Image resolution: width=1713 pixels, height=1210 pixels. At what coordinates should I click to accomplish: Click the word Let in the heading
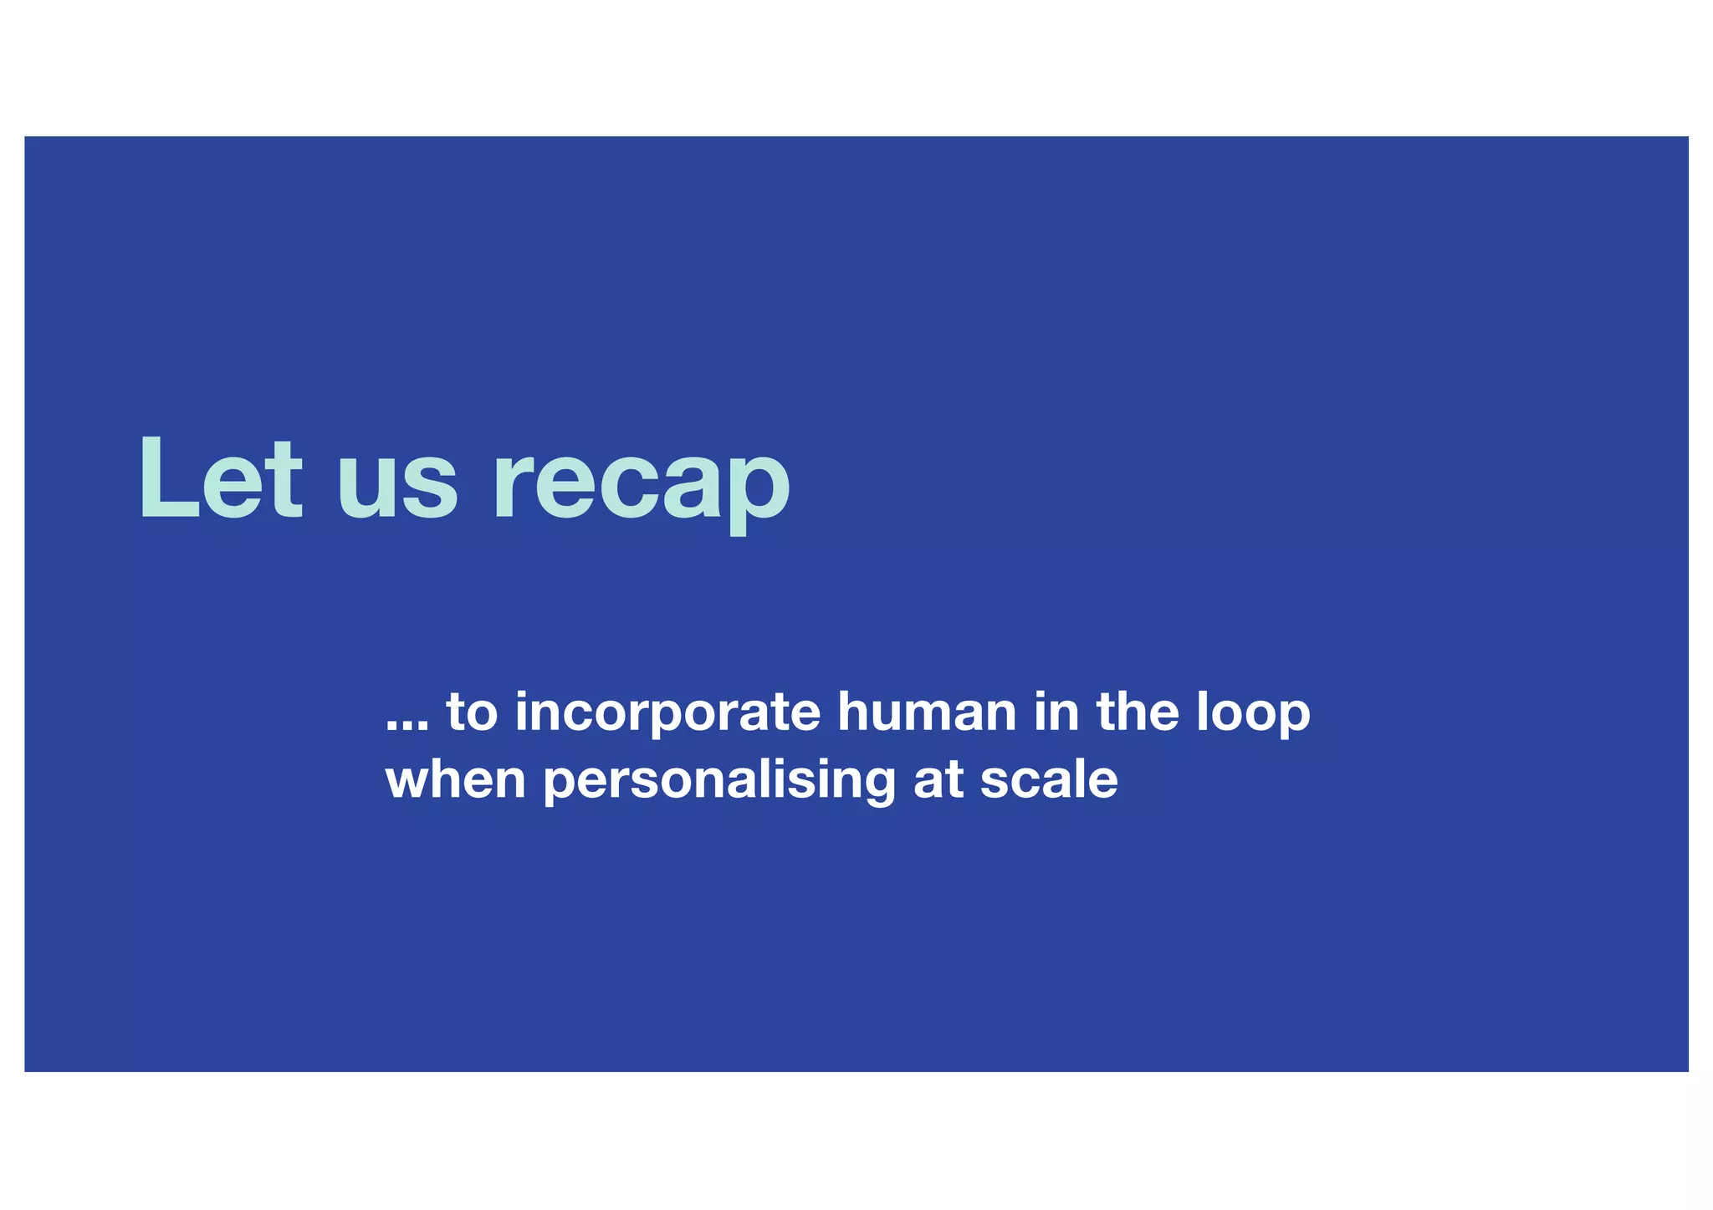pyautogui.click(x=220, y=480)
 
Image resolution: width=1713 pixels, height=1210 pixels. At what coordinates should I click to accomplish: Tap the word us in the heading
pyautogui.click(x=397, y=489)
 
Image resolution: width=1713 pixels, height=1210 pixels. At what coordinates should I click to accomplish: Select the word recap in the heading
pyautogui.click(x=642, y=489)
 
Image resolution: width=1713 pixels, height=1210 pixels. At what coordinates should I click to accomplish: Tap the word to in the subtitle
pyautogui.click(x=472, y=713)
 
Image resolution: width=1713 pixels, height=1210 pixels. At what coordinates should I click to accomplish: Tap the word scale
pyautogui.click(x=1049, y=779)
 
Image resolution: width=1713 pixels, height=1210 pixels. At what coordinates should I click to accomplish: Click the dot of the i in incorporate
pyautogui.click(x=523, y=694)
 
